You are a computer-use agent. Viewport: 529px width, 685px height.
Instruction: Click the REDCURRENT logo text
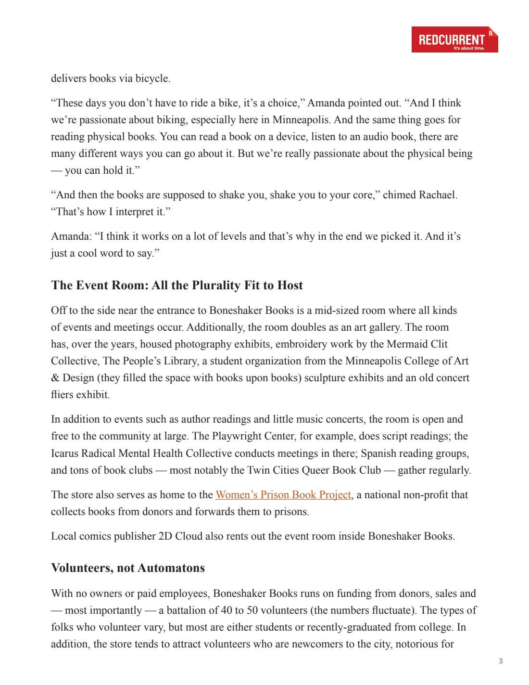point(451,39)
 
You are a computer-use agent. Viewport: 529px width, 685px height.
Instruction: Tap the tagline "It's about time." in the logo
point(469,48)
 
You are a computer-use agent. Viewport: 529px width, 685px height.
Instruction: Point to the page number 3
point(501,661)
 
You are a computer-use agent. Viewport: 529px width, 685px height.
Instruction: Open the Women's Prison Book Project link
point(283,495)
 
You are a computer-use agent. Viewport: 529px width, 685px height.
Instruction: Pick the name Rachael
point(437,195)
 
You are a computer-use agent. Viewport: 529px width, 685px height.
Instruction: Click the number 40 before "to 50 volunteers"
point(226,610)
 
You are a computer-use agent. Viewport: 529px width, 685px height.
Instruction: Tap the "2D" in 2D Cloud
point(165,536)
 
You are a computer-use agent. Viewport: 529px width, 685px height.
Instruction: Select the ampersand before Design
point(55,378)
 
